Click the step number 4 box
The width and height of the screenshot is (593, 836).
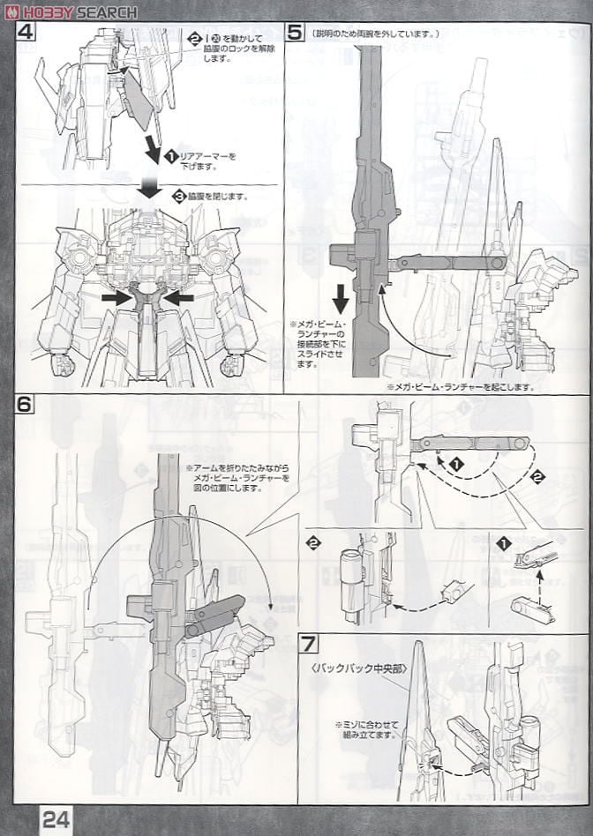(x=26, y=33)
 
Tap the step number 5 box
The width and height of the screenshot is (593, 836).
(x=296, y=33)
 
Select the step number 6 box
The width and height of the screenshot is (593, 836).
(x=26, y=406)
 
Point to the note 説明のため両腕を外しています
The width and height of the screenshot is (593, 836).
(x=374, y=34)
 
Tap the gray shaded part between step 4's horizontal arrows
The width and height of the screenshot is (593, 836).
(x=146, y=296)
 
